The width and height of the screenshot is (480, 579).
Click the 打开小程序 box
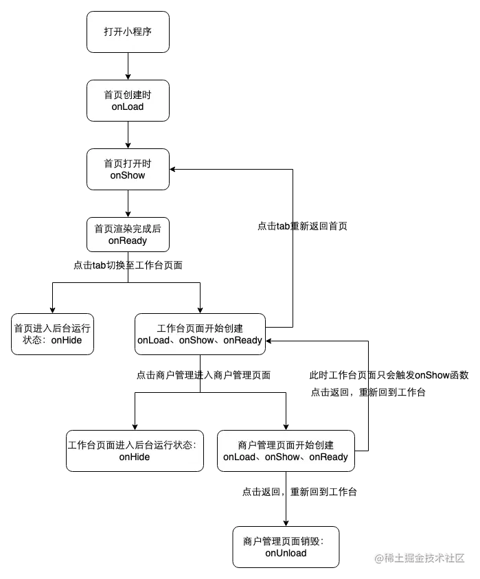point(127,32)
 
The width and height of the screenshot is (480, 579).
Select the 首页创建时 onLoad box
point(127,100)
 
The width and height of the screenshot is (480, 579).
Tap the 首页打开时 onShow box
point(127,169)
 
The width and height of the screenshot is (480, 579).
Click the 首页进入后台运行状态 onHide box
point(52,334)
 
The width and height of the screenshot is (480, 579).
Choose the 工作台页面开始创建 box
point(200,334)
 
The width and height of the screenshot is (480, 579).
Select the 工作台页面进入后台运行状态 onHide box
point(135,451)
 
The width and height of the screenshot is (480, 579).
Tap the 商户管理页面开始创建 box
point(286,451)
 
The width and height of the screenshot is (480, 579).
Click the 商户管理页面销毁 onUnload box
point(286,547)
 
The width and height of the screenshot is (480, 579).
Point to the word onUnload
point(286,553)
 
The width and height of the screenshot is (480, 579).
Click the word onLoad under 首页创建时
point(127,106)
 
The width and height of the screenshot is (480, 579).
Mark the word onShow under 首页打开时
point(127,175)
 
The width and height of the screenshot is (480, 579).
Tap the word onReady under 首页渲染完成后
point(127,241)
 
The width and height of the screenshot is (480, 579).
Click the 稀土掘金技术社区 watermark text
point(419,557)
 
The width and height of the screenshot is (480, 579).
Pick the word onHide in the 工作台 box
point(135,457)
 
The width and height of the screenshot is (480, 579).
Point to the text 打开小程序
point(127,32)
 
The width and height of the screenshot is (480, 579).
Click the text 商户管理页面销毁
point(282,541)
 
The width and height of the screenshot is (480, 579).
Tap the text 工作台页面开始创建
point(200,328)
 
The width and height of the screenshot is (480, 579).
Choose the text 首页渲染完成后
point(127,229)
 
